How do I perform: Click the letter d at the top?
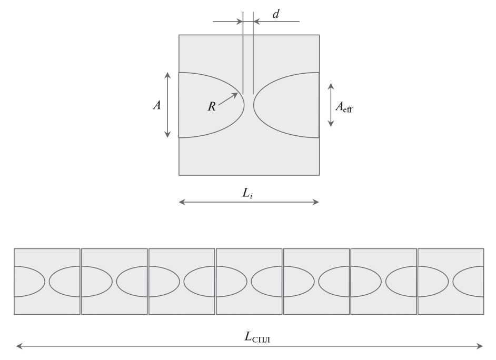276,14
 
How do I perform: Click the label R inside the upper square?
212,106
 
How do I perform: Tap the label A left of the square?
157,105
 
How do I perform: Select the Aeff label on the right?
344,107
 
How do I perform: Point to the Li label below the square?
247,193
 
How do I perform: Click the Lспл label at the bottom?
257,337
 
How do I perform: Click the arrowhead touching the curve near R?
235,95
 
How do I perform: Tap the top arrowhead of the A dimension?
167,75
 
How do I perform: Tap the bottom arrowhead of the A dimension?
167,135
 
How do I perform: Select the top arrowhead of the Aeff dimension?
331,86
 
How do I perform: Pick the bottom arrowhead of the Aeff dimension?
331,124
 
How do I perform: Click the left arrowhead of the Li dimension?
182,202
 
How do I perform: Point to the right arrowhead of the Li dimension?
315,202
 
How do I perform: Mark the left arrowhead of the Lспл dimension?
19,346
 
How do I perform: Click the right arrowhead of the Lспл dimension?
480,346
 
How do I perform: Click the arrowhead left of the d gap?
240,22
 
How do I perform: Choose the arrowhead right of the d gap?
257,22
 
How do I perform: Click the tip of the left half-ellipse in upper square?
244,105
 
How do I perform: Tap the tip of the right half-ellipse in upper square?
254,105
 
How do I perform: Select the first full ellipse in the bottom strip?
81,281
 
